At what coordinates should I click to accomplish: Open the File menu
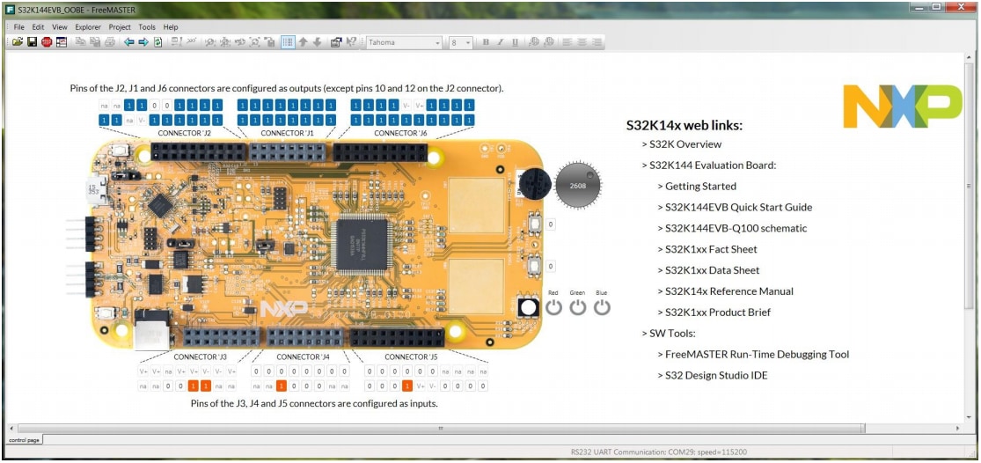click(x=18, y=27)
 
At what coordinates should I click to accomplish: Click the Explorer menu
click(x=88, y=27)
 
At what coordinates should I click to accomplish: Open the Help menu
click(x=171, y=27)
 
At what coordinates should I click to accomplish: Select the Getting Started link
click(x=700, y=187)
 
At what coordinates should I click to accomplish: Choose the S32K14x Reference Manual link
click(x=728, y=291)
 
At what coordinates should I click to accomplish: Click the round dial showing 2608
click(x=578, y=186)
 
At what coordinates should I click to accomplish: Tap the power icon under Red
click(x=553, y=307)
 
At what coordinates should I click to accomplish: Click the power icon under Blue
click(x=602, y=307)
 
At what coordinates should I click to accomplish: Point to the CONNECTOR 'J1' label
click(x=288, y=133)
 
